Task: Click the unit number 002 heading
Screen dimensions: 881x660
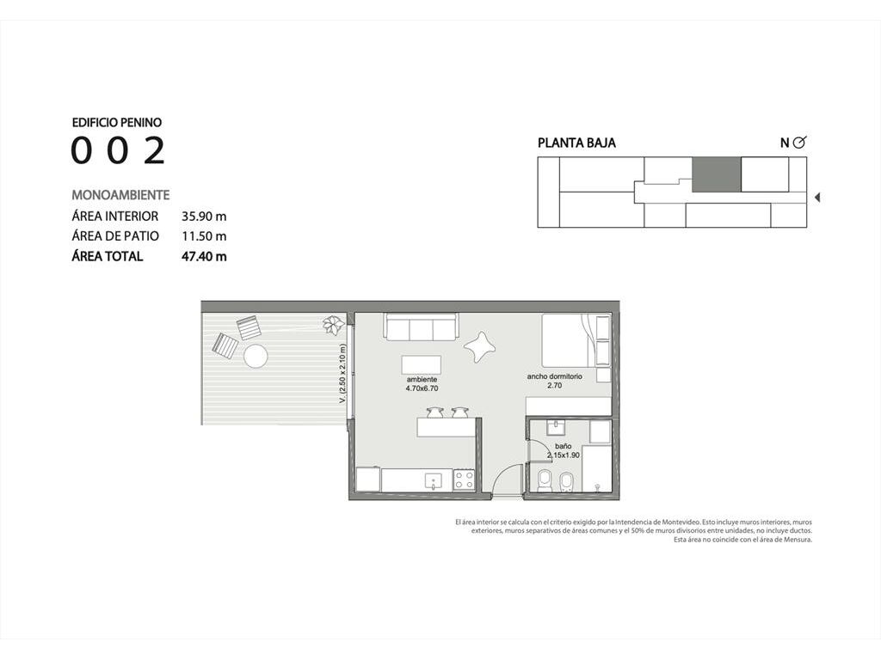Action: click(118, 150)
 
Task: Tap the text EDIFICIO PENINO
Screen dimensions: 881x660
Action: click(117, 122)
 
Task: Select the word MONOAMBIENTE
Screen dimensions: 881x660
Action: click(120, 195)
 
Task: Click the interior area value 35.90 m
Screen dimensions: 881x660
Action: click(204, 216)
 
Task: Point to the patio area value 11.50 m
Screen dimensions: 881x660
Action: click(204, 236)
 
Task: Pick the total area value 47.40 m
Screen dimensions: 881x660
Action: click(204, 256)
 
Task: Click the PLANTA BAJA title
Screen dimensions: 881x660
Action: click(576, 144)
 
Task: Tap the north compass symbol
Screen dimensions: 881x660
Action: click(799, 142)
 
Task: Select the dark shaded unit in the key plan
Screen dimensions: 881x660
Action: click(716, 174)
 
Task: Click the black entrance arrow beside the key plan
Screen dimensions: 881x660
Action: click(817, 198)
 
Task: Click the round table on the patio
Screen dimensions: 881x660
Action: click(256, 356)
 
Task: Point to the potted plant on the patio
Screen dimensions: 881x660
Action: click(332, 325)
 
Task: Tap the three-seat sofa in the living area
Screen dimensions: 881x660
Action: click(422, 327)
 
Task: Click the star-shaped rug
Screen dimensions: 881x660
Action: click(480, 347)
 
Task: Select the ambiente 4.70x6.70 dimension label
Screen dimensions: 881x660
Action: click(422, 384)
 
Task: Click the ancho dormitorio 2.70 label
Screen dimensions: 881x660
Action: click(555, 381)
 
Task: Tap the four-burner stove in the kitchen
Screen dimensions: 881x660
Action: click(465, 480)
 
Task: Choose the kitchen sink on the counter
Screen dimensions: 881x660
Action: click(434, 481)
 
